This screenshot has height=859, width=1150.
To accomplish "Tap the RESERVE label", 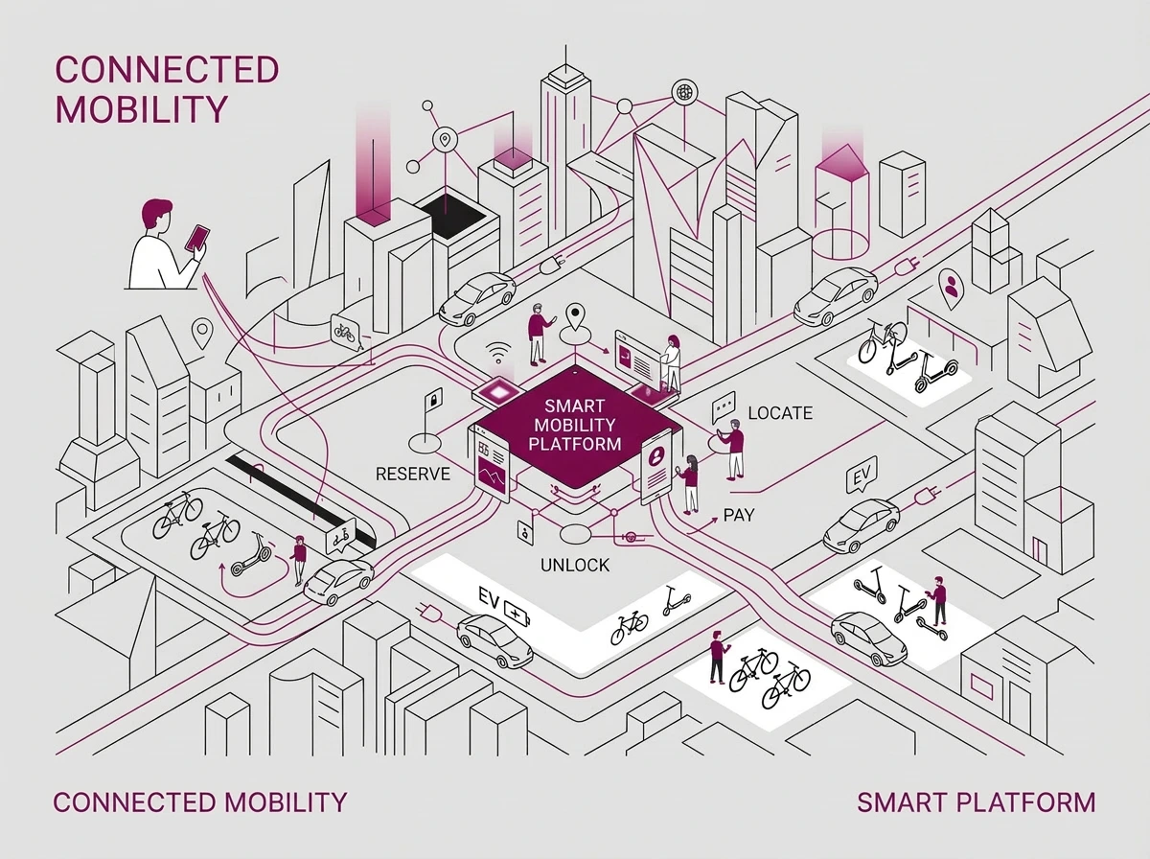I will [x=413, y=474].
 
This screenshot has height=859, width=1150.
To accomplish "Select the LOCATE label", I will [x=779, y=413].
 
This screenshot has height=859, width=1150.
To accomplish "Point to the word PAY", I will [x=739, y=516].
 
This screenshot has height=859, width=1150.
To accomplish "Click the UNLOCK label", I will [x=575, y=565].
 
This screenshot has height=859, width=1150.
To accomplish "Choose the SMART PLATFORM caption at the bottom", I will [x=976, y=801].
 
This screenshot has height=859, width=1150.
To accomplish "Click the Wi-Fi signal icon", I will [x=496, y=350].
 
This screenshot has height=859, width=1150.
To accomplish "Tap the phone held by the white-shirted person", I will [x=197, y=238].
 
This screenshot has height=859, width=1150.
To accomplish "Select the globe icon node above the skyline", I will [x=684, y=93].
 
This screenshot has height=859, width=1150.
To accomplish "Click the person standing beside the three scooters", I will [x=938, y=601].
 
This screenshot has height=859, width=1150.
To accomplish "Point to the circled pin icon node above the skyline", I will [x=443, y=140].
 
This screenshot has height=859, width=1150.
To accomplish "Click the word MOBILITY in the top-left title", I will [x=142, y=108].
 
